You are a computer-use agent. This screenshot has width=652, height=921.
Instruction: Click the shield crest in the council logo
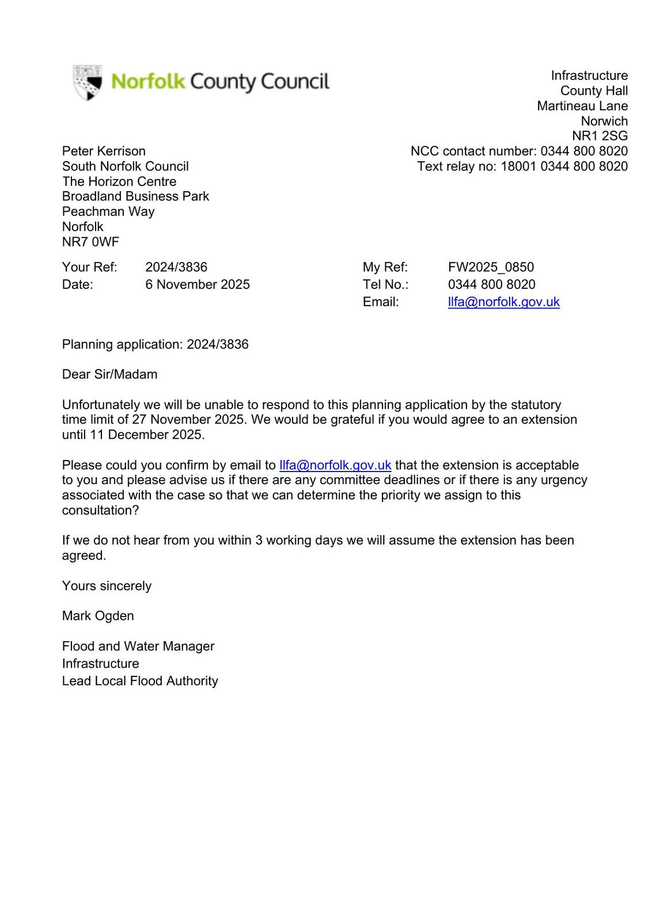coord(88,82)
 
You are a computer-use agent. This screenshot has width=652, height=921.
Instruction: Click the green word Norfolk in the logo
coord(148,82)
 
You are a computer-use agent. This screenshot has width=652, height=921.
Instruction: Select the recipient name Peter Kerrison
coord(104,151)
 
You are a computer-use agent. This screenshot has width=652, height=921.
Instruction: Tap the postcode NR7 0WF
coord(90,242)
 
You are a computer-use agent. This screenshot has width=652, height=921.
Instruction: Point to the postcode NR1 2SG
coord(600,136)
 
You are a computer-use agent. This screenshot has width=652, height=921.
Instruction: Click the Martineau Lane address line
coord(582,106)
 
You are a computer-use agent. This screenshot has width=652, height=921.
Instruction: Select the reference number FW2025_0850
coord(491,267)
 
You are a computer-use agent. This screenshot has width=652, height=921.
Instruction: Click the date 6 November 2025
coord(198,284)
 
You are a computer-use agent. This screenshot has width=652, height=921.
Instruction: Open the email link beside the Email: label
coord(503,302)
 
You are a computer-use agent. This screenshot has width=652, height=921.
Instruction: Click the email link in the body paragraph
coord(335,465)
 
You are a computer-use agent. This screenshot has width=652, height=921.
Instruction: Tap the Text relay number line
coord(522,166)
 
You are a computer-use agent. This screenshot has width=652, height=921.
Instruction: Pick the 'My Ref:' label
coord(385,267)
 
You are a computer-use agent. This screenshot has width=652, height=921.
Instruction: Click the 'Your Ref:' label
coord(89,267)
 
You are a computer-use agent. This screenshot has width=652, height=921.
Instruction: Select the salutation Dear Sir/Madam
coord(109,374)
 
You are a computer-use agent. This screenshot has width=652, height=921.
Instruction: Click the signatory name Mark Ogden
coord(98,616)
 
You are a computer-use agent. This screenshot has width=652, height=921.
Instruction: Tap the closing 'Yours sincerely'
coord(107,586)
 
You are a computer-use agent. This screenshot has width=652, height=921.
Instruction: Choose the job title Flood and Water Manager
coord(138,646)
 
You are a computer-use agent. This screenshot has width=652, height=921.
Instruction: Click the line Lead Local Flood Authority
coord(140,681)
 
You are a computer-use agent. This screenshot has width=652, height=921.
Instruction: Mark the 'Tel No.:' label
coord(385,284)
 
